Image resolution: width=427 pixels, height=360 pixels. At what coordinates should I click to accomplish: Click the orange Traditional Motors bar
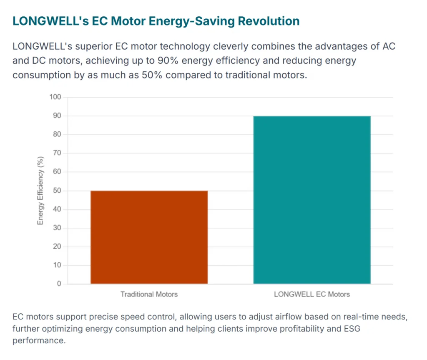149,237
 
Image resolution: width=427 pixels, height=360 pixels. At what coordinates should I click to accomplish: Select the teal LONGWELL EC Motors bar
312,200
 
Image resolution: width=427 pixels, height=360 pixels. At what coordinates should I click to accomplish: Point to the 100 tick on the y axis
55,97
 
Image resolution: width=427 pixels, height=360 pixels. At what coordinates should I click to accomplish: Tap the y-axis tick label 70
57,153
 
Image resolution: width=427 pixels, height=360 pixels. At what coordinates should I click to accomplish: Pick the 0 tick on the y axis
59,284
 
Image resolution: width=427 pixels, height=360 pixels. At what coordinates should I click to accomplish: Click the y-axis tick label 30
57,227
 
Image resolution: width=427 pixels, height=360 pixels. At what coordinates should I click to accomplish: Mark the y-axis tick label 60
57,171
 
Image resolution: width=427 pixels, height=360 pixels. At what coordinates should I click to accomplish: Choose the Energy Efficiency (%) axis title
40,191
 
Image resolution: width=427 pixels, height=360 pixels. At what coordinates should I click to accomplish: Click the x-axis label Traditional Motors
149,295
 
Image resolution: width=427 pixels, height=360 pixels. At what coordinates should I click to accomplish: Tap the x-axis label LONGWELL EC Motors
312,295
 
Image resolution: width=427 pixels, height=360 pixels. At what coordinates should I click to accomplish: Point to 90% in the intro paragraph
168,60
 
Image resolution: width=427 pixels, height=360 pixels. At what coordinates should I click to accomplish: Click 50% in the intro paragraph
152,75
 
